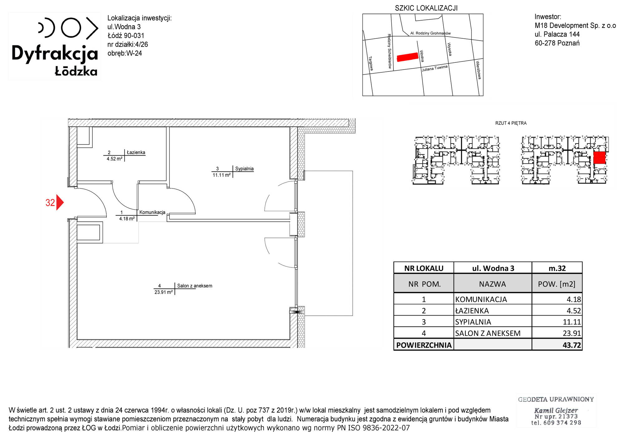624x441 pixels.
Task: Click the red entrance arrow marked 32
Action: point(60,203)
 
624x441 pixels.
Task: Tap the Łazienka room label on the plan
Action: point(136,152)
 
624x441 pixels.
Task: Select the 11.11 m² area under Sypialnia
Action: point(222,175)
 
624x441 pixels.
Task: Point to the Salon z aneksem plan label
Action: point(195,286)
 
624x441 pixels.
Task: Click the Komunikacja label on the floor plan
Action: point(152,212)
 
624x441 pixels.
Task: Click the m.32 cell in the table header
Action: point(557,268)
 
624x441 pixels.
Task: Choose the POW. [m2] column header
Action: point(557,284)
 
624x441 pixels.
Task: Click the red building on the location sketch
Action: point(407,57)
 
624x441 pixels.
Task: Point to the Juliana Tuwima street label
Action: point(435,68)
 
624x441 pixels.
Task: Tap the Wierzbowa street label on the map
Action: point(478,70)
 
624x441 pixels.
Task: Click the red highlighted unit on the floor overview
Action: point(599,158)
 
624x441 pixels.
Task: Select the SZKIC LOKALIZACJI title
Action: point(426,8)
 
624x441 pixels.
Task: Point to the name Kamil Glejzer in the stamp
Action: point(556,410)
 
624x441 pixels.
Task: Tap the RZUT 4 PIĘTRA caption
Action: point(511,123)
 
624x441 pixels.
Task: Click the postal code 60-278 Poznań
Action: point(557,43)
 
